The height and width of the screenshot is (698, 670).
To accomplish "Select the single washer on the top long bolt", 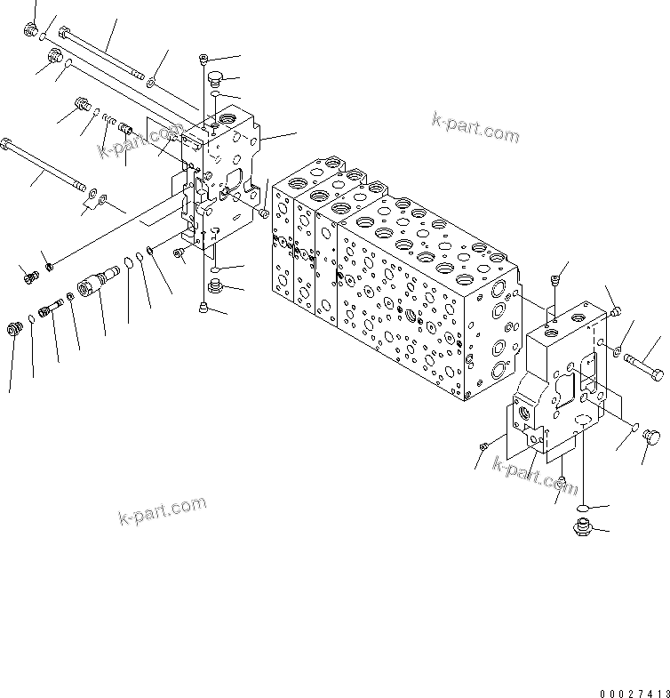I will pyautogui.click(x=151, y=82).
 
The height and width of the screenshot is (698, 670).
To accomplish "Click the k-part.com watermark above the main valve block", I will pyautogui.click(x=475, y=128).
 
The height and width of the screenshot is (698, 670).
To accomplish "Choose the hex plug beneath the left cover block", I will pyautogui.click(x=214, y=285).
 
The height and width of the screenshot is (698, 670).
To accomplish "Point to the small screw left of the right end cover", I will pyautogui.click(x=485, y=445).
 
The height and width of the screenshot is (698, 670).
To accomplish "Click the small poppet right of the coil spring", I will pyautogui.click(x=123, y=130).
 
